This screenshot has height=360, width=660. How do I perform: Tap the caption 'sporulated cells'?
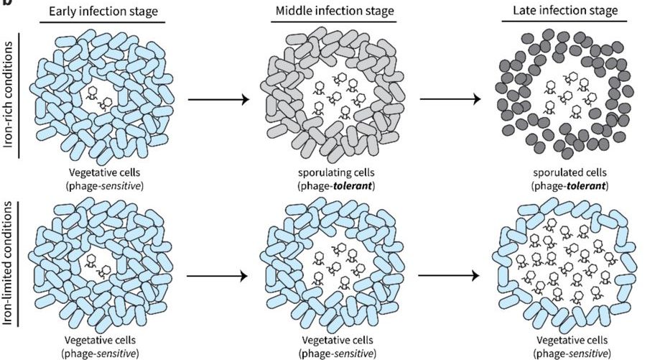tap(557, 174)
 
